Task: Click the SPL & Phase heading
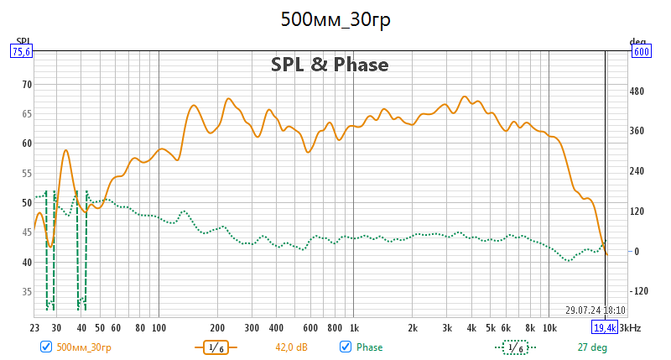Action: (x=330, y=65)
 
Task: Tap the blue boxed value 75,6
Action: (x=21, y=51)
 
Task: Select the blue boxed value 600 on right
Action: (x=642, y=51)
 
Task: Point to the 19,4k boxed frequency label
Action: (x=606, y=327)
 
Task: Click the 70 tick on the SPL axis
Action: (x=26, y=84)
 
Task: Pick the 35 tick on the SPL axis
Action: (x=26, y=292)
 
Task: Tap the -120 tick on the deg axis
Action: (x=641, y=292)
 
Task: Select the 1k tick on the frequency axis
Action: (x=355, y=327)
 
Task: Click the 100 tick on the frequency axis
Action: (x=159, y=327)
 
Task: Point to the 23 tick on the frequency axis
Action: (x=35, y=327)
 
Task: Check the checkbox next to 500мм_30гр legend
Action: (x=46, y=347)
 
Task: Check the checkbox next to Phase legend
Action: (x=345, y=347)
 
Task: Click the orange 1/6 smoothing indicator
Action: (x=216, y=347)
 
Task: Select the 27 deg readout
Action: (x=592, y=347)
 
